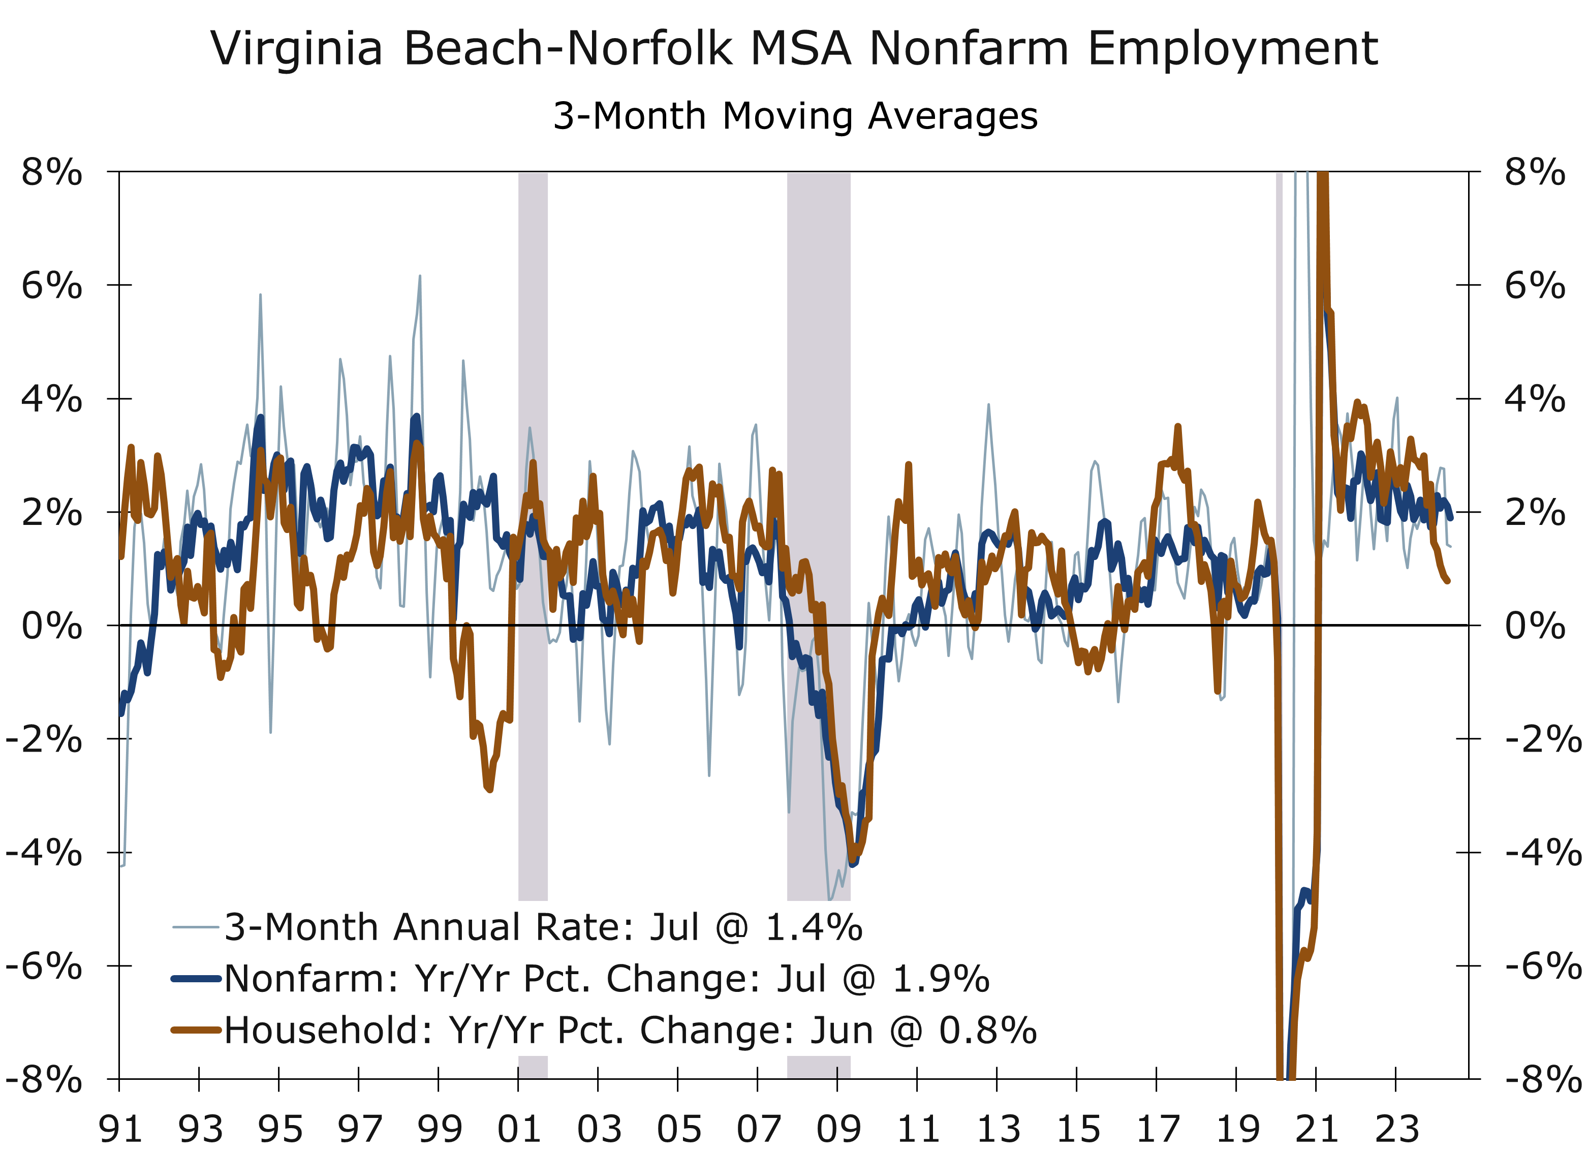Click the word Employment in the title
[x=1232, y=50]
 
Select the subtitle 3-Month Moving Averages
[x=795, y=116]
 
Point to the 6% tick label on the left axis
[x=52, y=286]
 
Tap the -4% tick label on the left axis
[x=45, y=853]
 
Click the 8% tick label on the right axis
[x=1535, y=172]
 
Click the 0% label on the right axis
[x=1535, y=626]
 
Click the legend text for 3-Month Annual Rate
[x=543, y=927]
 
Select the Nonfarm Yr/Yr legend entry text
[x=606, y=979]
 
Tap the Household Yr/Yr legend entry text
[x=630, y=1031]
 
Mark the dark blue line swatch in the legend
[x=197, y=978]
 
